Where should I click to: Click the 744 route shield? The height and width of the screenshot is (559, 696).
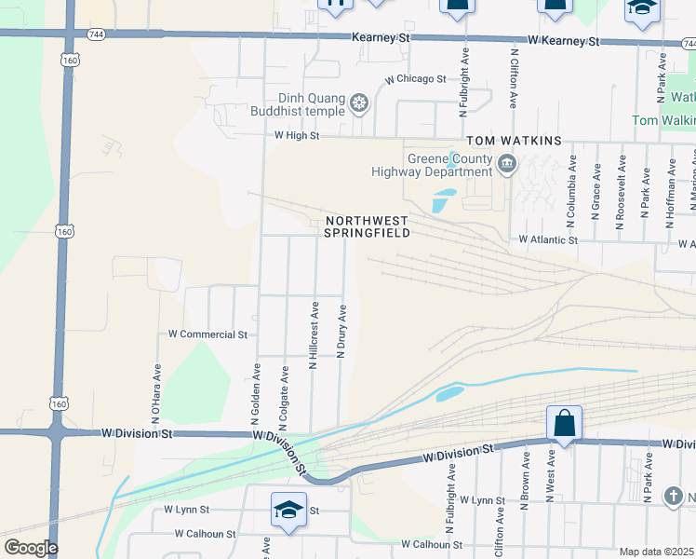(71, 33)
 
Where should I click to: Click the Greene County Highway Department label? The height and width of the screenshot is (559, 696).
(431, 165)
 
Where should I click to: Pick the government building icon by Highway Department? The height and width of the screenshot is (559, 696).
(508, 166)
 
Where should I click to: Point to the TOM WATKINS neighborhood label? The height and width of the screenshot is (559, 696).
(514, 141)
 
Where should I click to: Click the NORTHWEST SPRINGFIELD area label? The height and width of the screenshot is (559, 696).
(368, 226)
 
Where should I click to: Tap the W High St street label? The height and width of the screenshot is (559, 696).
(297, 136)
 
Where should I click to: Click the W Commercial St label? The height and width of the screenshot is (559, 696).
(207, 334)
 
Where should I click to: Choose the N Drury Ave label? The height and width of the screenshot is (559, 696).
(342, 333)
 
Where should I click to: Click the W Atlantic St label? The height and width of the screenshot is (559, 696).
(548, 239)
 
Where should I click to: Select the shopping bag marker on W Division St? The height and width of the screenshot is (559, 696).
(564, 424)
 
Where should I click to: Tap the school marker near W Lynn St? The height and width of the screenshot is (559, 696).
(288, 510)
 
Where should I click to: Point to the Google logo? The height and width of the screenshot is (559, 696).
(30, 548)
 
